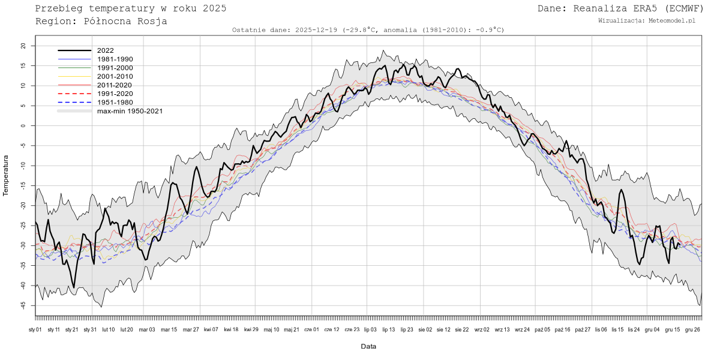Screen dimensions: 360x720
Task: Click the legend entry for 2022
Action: point(106,51)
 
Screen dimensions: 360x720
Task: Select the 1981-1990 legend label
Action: point(115,59)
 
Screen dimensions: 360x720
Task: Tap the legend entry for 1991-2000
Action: point(115,68)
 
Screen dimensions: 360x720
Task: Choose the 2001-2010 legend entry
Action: point(115,76)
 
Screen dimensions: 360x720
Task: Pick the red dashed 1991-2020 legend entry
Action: point(115,94)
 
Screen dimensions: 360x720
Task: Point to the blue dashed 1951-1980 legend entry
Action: point(115,102)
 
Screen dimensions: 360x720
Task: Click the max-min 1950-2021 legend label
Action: point(130,111)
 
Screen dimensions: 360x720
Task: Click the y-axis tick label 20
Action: point(23,46)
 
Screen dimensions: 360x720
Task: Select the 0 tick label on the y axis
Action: point(25,125)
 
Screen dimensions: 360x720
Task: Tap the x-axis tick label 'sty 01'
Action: point(35,329)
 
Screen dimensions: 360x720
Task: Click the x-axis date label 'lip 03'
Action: point(370,329)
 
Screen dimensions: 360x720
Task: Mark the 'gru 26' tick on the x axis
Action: point(692,329)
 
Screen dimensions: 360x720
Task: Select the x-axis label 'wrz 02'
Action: point(482,329)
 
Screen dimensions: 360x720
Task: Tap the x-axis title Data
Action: point(368,346)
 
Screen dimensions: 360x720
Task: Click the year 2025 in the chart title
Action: point(214,8)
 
